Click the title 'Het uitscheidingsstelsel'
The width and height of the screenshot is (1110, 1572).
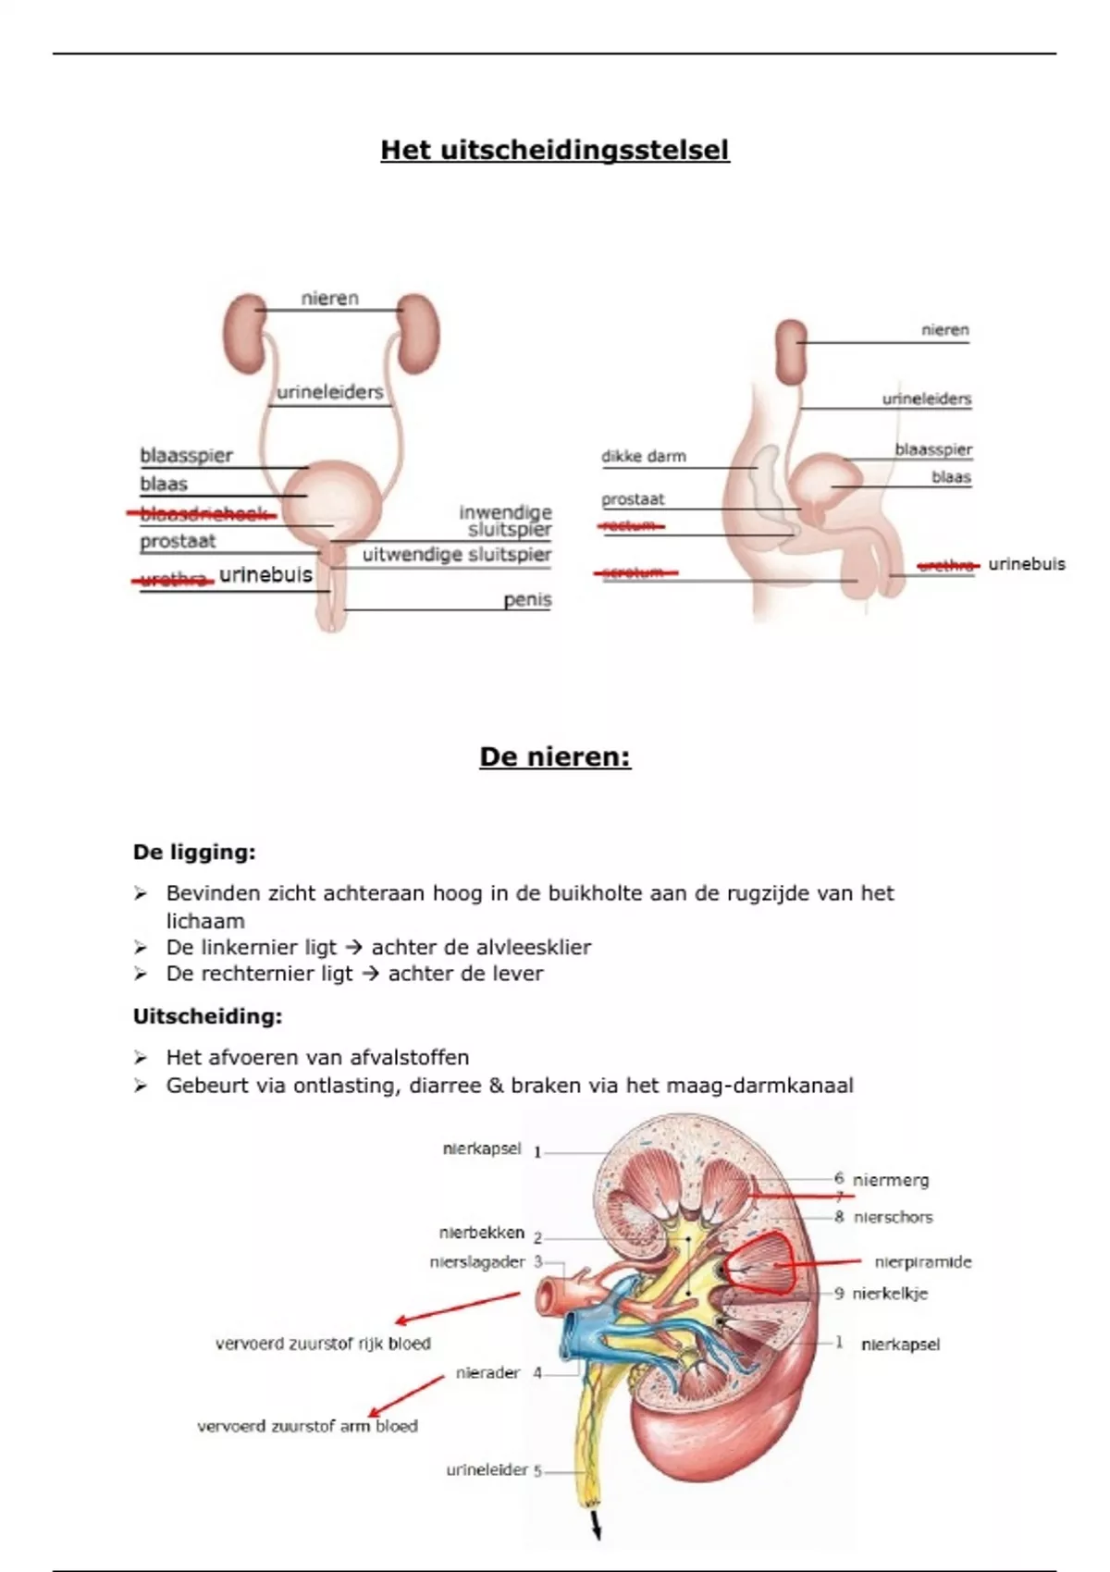click(555, 150)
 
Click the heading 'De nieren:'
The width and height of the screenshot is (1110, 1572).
click(555, 757)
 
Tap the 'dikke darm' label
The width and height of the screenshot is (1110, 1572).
click(644, 456)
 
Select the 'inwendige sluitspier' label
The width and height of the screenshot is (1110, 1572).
click(507, 521)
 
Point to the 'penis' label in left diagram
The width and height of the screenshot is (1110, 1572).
click(527, 600)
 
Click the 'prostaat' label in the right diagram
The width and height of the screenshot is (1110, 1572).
click(633, 499)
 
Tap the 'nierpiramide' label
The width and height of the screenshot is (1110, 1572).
click(922, 1262)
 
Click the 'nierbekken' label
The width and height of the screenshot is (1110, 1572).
click(481, 1234)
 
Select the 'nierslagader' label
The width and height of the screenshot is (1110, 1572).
click(476, 1262)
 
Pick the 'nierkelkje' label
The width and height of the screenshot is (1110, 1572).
click(890, 1294)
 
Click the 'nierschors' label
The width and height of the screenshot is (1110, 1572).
click(893, 1218)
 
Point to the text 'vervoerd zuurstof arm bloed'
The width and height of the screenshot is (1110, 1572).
click(307, 1427)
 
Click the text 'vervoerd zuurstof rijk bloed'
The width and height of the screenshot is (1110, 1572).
click(323, 1344)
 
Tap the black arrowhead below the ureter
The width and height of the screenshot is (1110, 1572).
click(597, 1531)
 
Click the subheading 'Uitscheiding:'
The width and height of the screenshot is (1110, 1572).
click(207, 1017)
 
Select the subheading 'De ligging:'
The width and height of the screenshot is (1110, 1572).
click(194, 853)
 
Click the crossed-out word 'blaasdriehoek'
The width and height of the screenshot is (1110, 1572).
click(203, 515)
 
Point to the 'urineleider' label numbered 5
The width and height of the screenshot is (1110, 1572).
click(487, 1470)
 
